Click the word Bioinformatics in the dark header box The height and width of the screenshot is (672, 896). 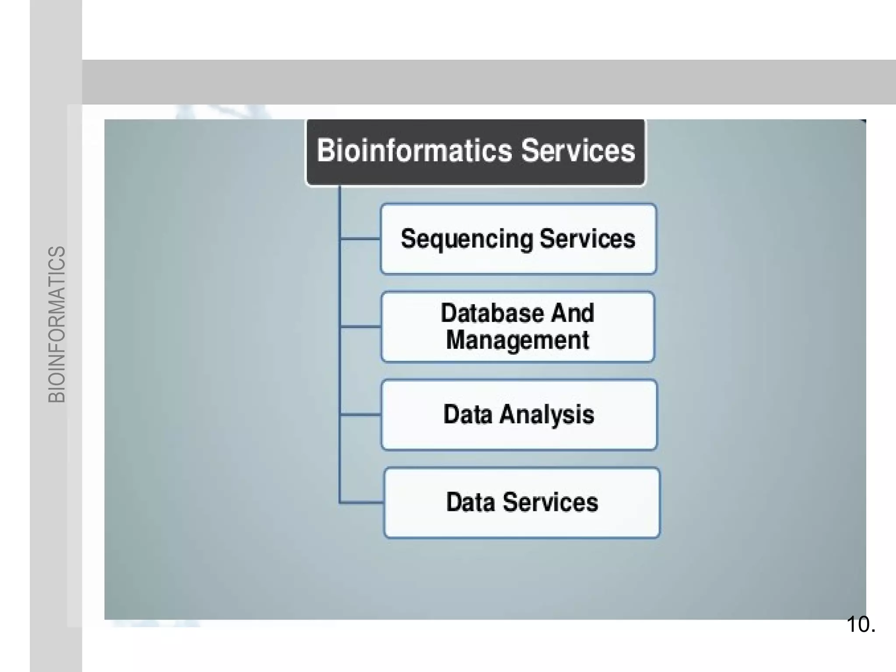pos(414,151)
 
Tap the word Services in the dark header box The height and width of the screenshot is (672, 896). pos(578,151)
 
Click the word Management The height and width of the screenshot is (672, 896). pos(518,340)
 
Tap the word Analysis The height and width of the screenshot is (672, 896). pos(547,414)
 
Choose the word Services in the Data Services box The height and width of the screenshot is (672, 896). pos(550,502)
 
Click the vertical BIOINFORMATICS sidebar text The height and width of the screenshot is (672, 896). pos(56,324)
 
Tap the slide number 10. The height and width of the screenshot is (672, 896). pos(860,624)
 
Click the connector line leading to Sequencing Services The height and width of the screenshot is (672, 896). pos(360,239)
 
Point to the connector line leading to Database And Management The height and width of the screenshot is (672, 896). pos(360,326)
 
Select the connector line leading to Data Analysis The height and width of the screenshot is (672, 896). pos(360,414)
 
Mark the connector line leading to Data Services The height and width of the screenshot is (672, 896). pos(361,503)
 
